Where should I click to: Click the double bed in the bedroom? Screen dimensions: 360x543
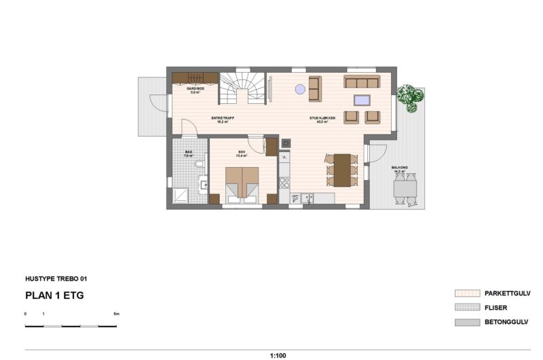pos(242,183)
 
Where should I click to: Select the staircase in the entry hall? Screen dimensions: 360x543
pos(242,88)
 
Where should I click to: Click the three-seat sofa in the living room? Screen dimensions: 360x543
pos(362,82)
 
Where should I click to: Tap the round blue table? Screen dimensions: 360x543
pos(299,88)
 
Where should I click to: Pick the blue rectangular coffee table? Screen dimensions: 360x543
pos(362,101)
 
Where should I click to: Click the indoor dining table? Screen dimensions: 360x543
pos(342,170)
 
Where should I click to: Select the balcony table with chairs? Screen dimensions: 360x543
pos(408,188)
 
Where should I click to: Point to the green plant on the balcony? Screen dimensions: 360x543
pos(410,96)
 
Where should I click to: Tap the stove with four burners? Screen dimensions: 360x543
pos(284,182)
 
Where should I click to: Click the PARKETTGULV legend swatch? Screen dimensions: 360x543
pos(467,293)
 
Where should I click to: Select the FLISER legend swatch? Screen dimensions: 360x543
pos(467,308)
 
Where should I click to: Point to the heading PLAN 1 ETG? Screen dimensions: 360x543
pos(54,295)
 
